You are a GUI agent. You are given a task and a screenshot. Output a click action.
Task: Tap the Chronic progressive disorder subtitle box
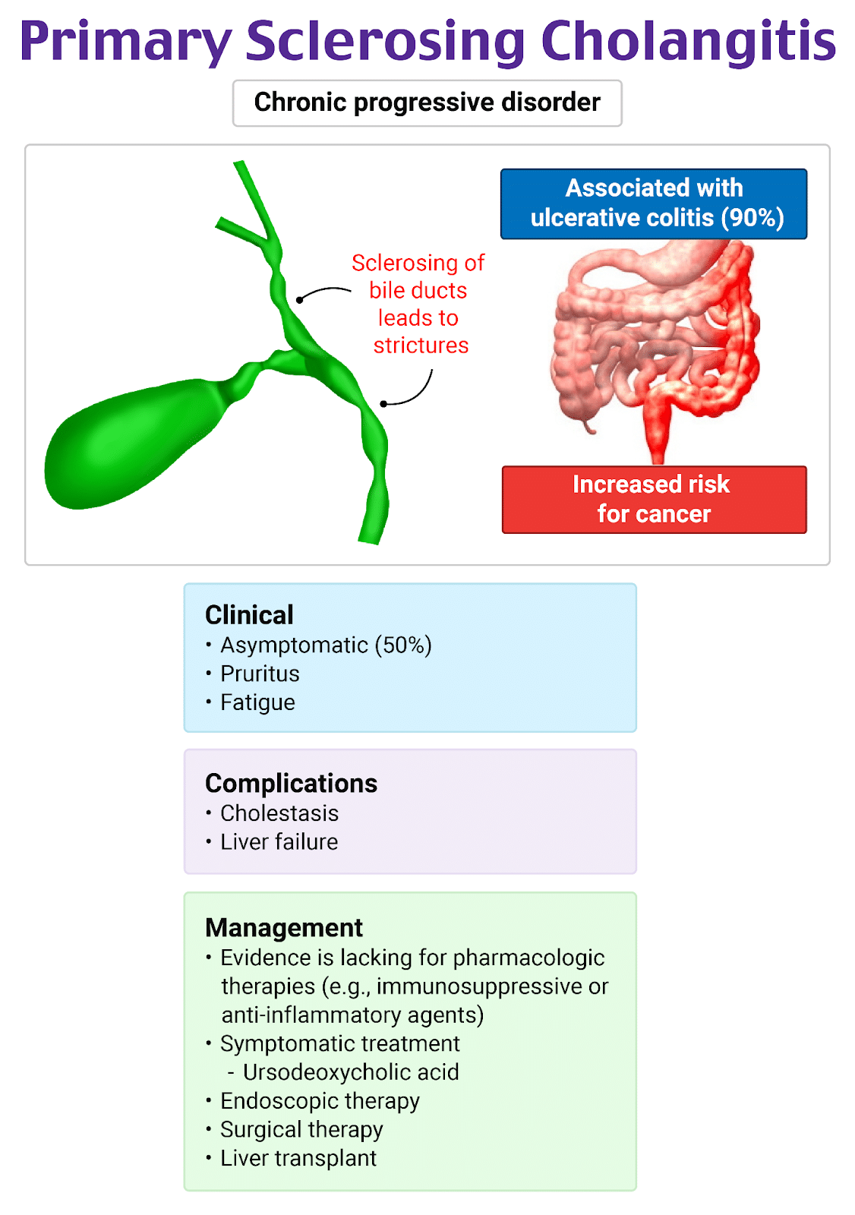[x=427, y=103]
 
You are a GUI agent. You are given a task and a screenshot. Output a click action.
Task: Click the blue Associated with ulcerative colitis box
[x=654, y=203]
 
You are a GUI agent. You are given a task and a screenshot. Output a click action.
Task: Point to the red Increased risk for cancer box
[x=654, y=499]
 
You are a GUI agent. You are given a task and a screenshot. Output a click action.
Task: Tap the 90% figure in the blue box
[x=751, y=218]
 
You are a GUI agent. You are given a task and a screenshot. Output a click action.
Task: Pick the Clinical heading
[x=249, y=614]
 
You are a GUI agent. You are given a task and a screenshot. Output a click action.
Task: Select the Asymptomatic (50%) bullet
[x=326, y=645]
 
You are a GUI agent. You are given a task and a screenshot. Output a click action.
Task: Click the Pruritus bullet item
[x=260, y=674]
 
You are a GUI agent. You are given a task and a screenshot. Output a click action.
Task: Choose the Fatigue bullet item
[x=257, y=702]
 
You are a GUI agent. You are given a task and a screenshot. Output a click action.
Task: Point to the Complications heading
[x=291, y=783]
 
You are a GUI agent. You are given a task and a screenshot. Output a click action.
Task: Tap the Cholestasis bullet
[x=279, y=813]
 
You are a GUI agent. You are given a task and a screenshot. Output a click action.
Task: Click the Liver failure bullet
[x=279, y=842]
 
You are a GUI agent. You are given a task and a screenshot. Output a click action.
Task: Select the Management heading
[x=284, y=927]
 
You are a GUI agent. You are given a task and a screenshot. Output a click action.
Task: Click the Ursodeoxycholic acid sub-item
[x=351, y=1072]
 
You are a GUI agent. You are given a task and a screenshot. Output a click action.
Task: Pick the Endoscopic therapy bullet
[x=320, y=1101]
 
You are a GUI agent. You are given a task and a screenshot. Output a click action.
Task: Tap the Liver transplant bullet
[x=298, y=1158]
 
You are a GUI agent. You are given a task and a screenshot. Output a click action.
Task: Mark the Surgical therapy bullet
[x=301, y=1130]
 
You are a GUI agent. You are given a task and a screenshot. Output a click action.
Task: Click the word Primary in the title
[x=125, y=42]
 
